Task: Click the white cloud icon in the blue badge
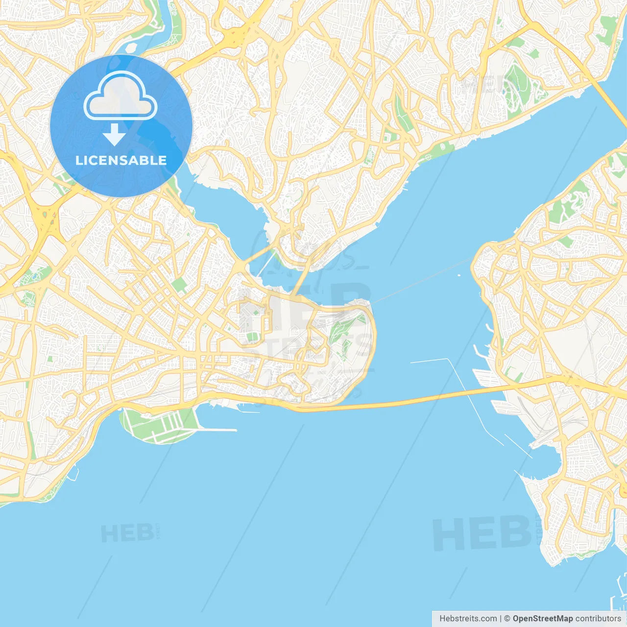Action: coord(121,96)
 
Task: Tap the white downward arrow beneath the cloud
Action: coord(114,135)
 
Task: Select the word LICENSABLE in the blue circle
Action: coord(121,160)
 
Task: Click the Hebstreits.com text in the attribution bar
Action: coord(468,619)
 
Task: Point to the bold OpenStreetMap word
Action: coord(543,619)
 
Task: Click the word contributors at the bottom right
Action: coord(598,619)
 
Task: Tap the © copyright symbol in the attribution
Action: coord(507,619)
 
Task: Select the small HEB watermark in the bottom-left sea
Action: coord(127,533)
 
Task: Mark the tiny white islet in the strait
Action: coord(458,275)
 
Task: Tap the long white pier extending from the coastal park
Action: coord(218,430)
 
